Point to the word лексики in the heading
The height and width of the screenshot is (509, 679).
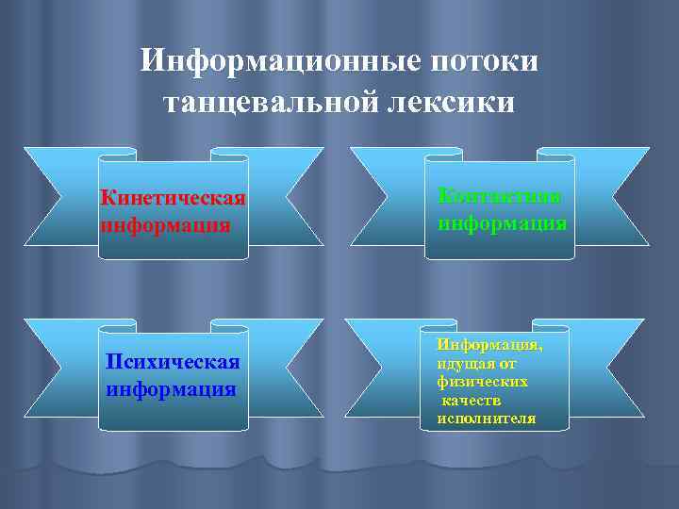point(456,102)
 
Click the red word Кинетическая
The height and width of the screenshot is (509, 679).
point(174,199)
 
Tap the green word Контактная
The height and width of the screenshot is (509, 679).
point(500,196)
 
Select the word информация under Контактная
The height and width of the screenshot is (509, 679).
point(502,224)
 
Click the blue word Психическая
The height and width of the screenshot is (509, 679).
point(174,363)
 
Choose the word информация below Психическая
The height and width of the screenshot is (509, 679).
point(171,388)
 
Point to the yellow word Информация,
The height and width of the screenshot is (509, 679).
point(489,346)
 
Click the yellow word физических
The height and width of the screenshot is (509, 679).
point(482,383)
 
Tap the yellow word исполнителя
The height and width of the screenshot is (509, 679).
point(486,419)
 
